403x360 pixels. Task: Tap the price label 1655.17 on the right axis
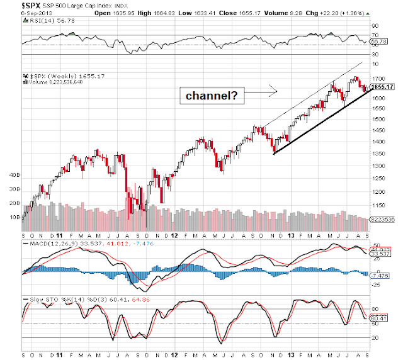coord(382,87)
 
